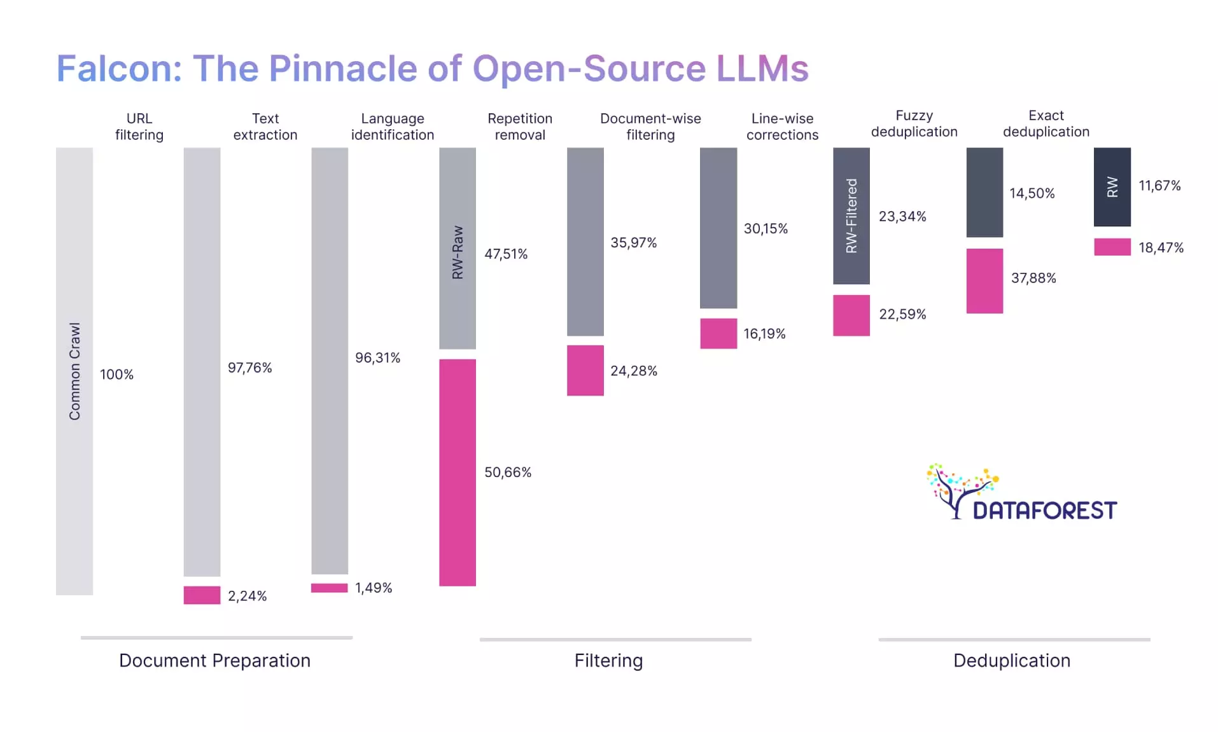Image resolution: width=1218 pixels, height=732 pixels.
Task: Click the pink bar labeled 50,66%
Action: point(457,472)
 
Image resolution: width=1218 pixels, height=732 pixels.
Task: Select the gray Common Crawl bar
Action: point(74,371)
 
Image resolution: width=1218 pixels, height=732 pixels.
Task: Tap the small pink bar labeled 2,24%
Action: point(202,595)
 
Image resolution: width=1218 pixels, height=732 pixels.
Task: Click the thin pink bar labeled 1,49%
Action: point(329,588)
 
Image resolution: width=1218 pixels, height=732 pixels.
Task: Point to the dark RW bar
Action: point(1112,187)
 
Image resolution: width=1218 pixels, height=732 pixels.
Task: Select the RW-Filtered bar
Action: point(851,216)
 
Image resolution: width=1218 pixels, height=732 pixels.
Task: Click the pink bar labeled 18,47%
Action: point(1112,247)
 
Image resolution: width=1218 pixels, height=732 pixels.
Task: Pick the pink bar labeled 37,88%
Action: point(984,280)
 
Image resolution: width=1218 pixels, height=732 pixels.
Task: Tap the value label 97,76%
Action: point(249,368)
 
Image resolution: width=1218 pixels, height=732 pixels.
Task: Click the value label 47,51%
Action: point(505,254)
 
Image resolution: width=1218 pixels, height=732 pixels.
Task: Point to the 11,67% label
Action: point(1159,186)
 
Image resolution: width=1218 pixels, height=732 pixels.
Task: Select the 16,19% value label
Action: point(764,334)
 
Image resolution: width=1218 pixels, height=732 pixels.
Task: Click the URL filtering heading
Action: point(139,127)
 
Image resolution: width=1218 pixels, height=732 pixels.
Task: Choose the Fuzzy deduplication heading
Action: point(914,123)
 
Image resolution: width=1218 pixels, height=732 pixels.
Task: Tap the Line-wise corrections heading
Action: point(782,127)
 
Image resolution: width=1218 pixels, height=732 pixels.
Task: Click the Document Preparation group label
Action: point(214,660)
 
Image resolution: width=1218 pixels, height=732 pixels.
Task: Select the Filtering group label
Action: point(608,660)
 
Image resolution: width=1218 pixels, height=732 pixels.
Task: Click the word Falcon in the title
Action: point(120,68)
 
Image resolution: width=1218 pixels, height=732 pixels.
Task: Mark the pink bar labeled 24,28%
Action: point(585,370)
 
